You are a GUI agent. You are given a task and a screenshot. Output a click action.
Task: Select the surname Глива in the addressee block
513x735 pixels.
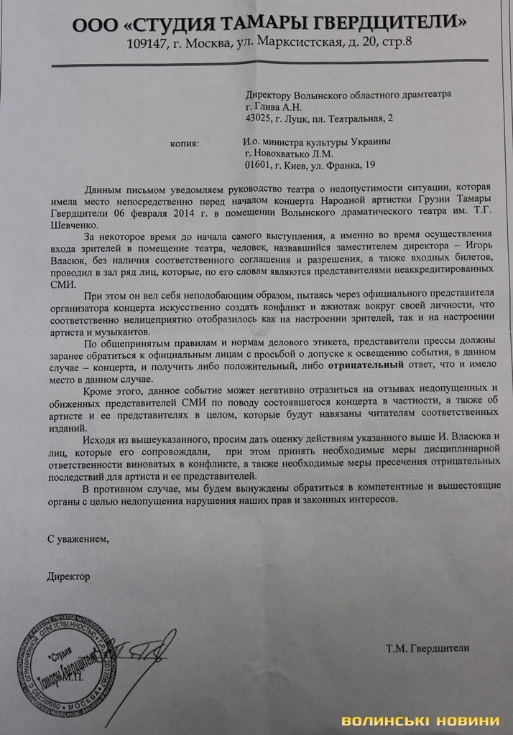[270, 106]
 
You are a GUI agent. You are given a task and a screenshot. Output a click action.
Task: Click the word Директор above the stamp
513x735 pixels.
[69, 576]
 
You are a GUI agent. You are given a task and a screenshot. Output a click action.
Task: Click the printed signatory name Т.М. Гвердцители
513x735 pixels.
[427, 648]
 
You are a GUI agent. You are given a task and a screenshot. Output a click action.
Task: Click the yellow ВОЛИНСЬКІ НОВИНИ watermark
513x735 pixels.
[420, 721]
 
